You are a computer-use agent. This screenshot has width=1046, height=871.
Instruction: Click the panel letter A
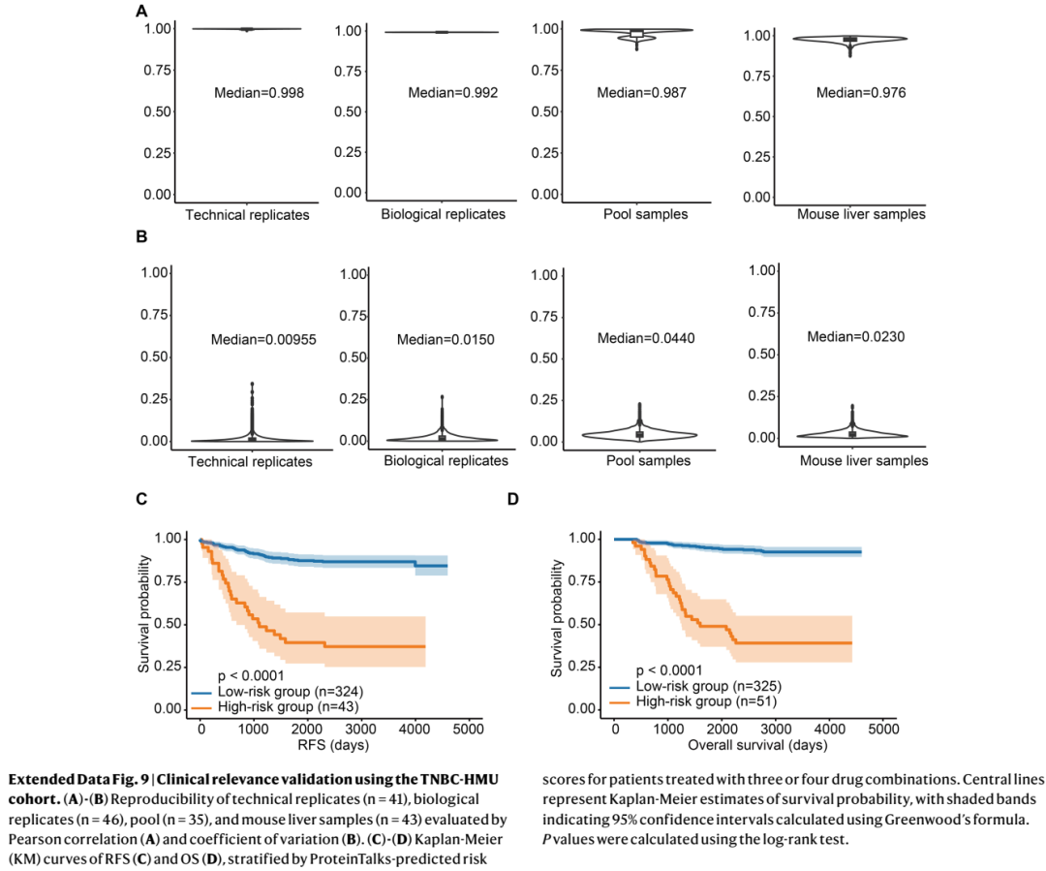tap(141, 12)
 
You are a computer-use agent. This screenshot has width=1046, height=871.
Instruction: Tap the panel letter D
tap(512, 499)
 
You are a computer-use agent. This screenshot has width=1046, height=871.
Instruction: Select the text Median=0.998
tap(259, 93)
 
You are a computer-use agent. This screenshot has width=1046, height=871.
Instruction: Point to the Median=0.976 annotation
tap(861, 93)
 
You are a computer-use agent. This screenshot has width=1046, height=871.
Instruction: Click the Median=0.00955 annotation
tap(263, 340)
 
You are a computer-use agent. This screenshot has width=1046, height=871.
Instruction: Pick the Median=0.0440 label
tap(646, 338)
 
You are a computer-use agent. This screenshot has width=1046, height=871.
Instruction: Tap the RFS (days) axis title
tap(333, 745)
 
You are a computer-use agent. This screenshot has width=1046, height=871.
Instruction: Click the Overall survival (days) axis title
tap(757, 745)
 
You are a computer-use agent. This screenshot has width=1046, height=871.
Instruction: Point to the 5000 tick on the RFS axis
tap(468, 729)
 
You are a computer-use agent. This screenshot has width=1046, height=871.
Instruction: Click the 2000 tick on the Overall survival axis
tap(722, 729)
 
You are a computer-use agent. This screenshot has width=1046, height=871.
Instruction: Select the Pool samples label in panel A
tap(645, 214)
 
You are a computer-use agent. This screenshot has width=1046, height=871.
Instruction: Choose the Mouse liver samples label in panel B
tap(864, 460)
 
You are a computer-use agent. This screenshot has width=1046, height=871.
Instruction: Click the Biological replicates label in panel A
tap(443, 214)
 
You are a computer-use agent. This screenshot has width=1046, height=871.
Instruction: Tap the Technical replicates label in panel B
tap(250, 462)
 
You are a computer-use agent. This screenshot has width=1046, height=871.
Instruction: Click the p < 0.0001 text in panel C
tap(251, 675)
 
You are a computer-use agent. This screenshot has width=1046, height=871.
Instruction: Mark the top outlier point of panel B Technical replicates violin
tap(252, 384)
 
